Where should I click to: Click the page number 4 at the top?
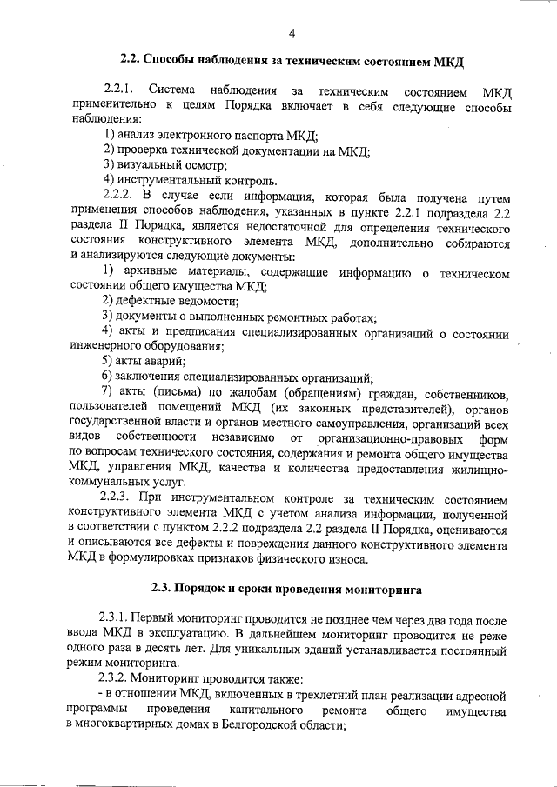(292, 33)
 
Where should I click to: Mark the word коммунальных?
(107, 481)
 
